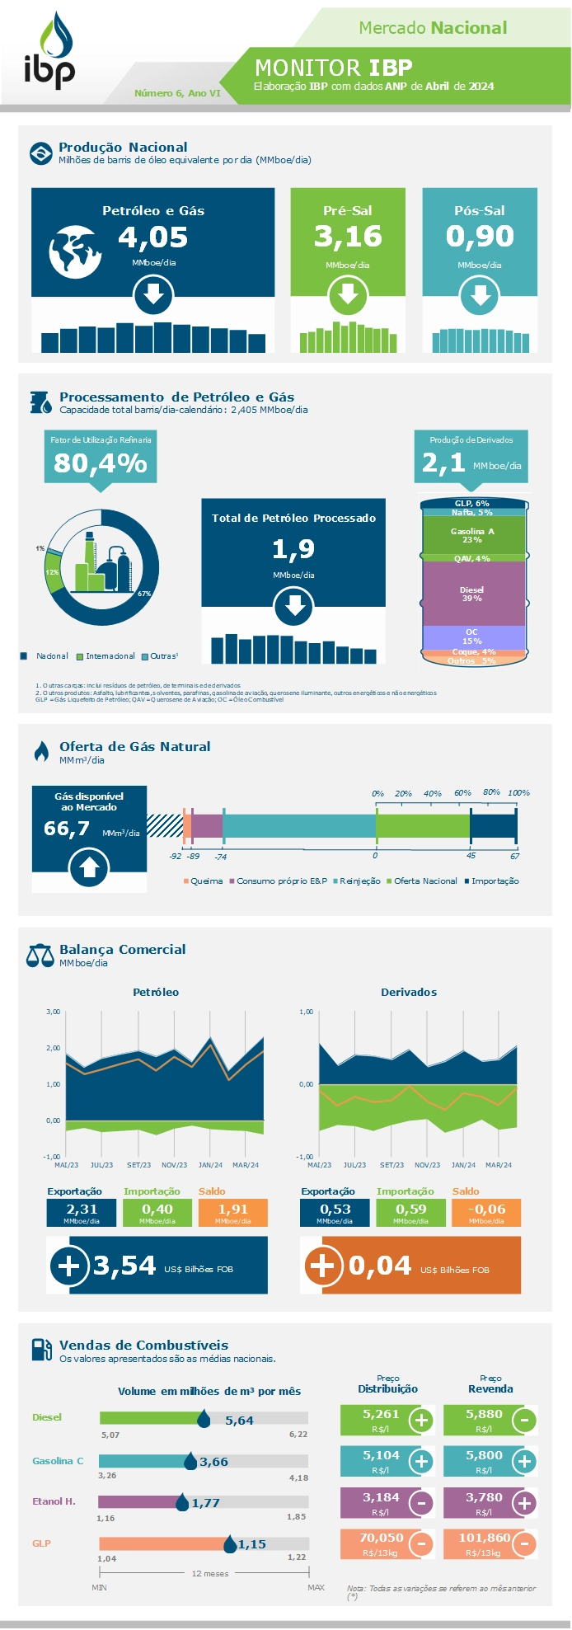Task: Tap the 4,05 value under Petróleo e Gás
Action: pyautogui.click(x=153, y=237)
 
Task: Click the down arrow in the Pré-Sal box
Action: pyautogui.click(x=348, y=294)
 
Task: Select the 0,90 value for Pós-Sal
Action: pyautogui.click(x=480, y=237)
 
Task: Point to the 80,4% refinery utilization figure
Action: pyautogui.click(x=101, y=463)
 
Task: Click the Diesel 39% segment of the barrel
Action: pyautogui.click(x=472, y=594)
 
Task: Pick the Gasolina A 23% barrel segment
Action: pyautogui.click(x=472, y=535)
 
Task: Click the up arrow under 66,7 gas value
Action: pyautogui.click(x=89, y=868)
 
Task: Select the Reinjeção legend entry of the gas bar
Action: pyautogui.click(x=359, y=881)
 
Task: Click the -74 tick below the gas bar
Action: pyautogui.click(x=221, y=857)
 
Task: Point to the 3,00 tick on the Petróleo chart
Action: pyautogui.click(x=54, y=1012)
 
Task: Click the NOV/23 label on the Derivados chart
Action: pyautogui.click(x=427, y=1165)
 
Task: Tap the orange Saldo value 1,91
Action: pyautogui.click(x=233, y=1210)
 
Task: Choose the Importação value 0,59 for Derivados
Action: pyautogui.click(x=410, y=1210)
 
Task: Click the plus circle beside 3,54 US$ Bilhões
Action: pyautogui.click(x=69, y=1266)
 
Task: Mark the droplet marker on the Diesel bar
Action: pyautogui.click(x=204, y=1418)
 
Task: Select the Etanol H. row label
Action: pyautogui.click(x=54, y=1501)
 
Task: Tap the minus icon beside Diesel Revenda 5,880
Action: pyautogui.click(x=524, y=1420)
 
